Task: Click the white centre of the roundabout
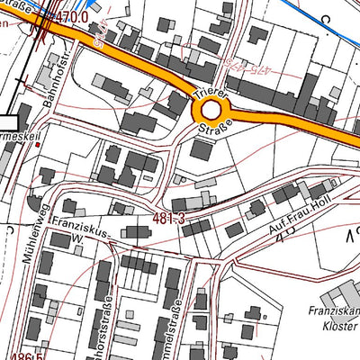point(211,110)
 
